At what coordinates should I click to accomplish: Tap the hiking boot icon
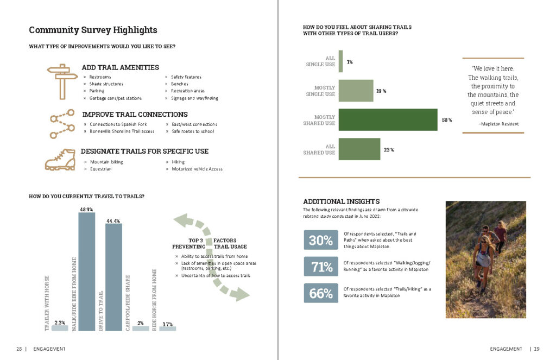coord(60,160)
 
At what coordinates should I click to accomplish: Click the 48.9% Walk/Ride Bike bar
coord(86,271)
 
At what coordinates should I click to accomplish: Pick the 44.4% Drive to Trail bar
coord(113,277)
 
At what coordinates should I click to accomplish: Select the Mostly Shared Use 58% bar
coord(388,120)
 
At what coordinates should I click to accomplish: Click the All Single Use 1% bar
coord(340,61)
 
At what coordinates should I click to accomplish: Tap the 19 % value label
coord(381,91)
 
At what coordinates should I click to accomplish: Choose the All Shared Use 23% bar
coord(359,149)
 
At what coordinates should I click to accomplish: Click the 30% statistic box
coord(321,241)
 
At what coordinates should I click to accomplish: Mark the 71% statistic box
coord(321,267)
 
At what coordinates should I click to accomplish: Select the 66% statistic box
coord(321,293)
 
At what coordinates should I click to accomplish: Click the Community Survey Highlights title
coord(93,30)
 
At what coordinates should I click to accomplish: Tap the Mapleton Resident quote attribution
coord(498,124)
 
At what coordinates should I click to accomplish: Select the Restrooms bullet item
coord(100,77)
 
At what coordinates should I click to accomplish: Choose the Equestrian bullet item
coord(100,169)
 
